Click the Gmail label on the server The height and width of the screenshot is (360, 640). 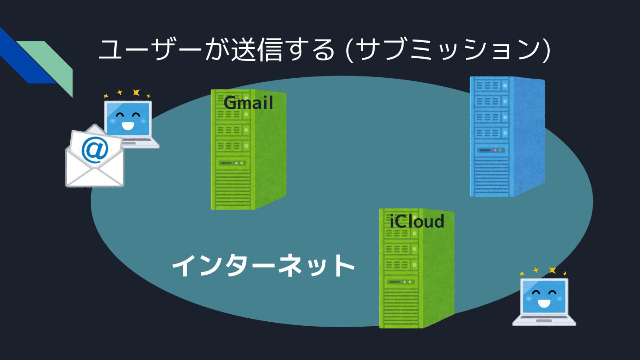coord(248,103)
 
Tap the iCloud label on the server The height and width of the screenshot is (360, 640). coord(417,221)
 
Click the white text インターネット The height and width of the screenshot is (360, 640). coord(263,266)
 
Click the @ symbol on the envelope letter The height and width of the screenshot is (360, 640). coord(95,150)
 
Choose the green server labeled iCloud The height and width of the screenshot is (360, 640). coord(416,271)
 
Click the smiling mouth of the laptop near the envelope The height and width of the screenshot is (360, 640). coord(128,127)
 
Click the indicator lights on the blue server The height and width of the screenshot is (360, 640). coord(498,150)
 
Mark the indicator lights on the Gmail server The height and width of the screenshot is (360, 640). coord(239,163)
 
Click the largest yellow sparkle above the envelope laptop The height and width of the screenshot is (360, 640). coord(136,92)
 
